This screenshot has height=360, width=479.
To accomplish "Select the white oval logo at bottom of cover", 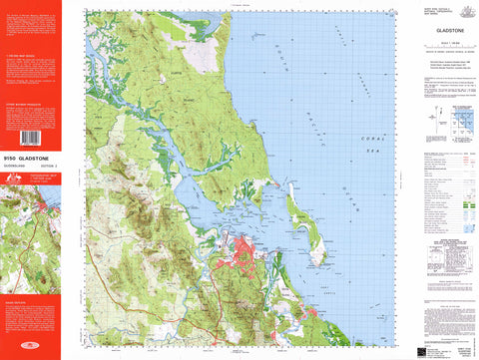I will tap(29, 348).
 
